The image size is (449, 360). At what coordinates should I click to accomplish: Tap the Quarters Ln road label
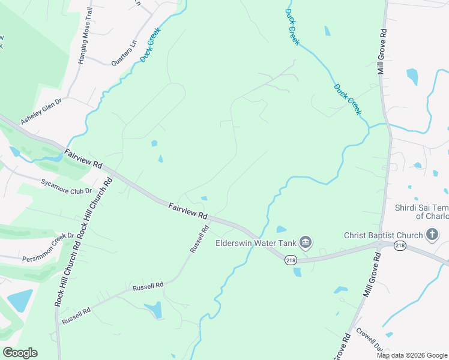point(124,52)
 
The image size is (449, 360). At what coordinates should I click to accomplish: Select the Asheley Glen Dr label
point(41,112)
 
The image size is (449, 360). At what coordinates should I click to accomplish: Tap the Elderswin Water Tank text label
point(257,243)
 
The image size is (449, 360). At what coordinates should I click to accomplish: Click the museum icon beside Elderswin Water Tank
point(306,242)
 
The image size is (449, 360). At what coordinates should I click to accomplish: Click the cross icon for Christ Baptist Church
point(431,235)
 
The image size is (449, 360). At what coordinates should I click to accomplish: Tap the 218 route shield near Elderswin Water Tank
point(291,260)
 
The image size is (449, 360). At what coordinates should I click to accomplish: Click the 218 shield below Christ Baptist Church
point(400,245)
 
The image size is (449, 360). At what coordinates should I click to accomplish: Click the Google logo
point(20,353)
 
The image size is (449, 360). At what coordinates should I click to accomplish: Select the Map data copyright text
point(411,355)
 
